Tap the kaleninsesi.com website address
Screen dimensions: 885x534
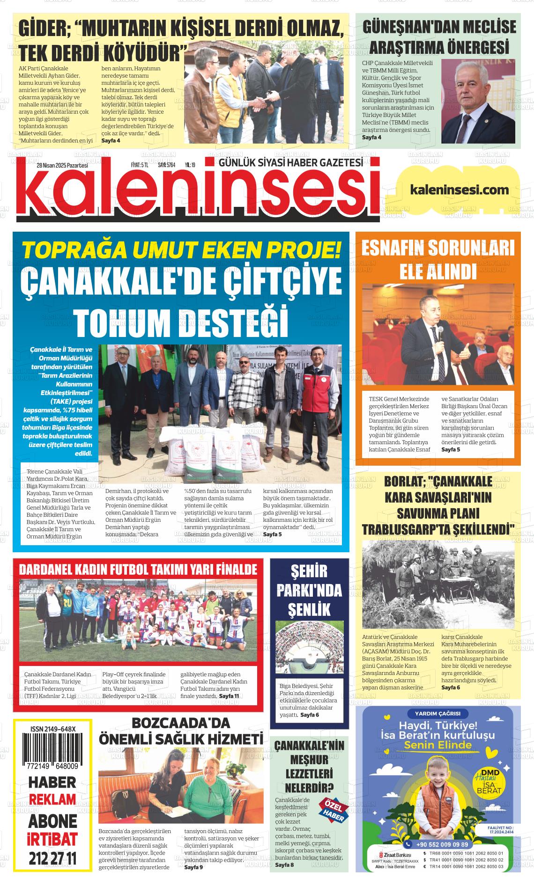459,189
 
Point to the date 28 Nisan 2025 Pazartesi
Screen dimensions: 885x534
62,165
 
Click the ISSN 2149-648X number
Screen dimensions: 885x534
52,729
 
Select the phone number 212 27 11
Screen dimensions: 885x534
52,859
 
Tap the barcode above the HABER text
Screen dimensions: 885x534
52,749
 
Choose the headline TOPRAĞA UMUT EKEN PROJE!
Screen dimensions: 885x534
181,250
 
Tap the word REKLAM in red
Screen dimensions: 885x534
52,799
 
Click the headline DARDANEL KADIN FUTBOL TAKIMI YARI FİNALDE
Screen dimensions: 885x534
138,569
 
